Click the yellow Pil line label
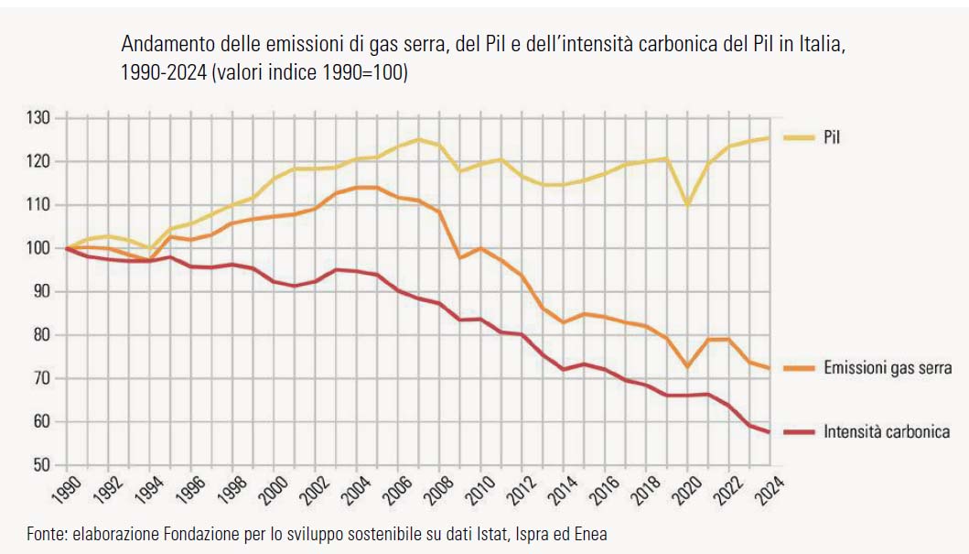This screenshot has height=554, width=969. [x=831, y=137]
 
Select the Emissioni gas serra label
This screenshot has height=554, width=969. [x=888, y=368]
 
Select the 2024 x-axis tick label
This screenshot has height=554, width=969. [x=769, y=489]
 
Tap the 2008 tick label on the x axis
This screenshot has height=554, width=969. [x=436, y=489]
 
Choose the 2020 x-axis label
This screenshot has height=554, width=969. [x=685, y=489]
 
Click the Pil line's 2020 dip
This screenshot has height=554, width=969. [x=687, y=204]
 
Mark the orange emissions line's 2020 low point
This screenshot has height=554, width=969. [x=687, y=366]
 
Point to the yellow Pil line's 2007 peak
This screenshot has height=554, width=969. [x=418, y=139]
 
